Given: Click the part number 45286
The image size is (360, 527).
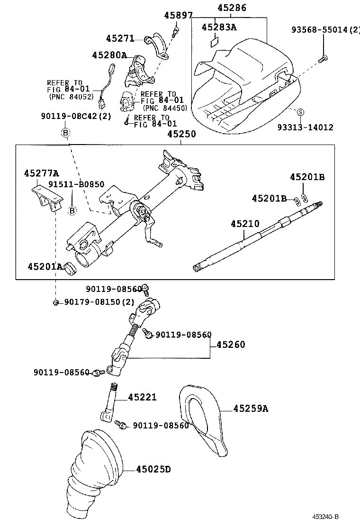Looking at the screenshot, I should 232,8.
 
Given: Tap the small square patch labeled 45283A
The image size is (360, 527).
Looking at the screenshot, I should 214,42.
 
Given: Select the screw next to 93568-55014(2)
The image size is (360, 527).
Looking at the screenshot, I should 324,59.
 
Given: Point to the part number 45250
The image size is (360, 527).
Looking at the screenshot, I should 181,135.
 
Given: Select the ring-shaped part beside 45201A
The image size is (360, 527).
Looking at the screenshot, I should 70,269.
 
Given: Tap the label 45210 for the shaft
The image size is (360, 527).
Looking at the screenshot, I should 245,223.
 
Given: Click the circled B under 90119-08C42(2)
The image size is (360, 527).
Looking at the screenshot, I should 66,132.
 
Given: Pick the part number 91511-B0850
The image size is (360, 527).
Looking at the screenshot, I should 76,184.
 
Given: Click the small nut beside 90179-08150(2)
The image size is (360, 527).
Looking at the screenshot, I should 55,302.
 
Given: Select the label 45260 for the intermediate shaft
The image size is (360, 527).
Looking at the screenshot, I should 231,345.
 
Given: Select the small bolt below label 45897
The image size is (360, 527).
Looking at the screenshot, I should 176,32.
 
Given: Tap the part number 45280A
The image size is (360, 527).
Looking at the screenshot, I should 109,55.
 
